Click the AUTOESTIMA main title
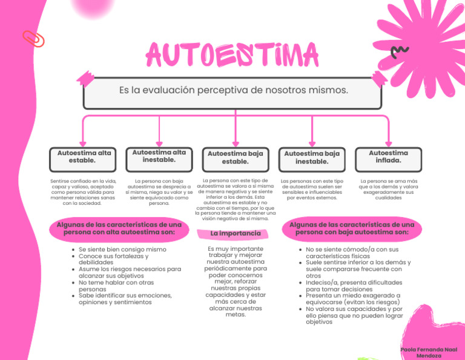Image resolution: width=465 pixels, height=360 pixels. (x=232, y=56)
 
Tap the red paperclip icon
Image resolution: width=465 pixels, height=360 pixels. (x=33, y=39)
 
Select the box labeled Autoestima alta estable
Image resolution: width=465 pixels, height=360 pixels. (x=84, y=157)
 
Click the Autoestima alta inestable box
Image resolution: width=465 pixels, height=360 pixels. (x=159, y=156)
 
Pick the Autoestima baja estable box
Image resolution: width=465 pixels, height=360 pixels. (x=236, y=158)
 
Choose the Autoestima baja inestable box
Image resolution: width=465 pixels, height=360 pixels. (x=312, y=158)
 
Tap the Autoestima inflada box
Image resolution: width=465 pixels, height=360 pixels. (x=388, y=157)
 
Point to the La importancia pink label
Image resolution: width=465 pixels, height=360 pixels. (x=227, y=233)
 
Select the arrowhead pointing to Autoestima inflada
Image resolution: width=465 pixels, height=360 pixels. (x=389, y=141)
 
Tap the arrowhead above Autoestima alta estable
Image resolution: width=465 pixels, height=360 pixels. (x=83, y=141)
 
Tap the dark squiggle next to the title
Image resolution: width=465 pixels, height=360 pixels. (x=400, y=52)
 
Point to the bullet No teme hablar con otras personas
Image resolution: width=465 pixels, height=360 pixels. (x=115, y=285)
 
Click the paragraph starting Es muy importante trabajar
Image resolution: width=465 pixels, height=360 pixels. (x=235, y=281)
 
